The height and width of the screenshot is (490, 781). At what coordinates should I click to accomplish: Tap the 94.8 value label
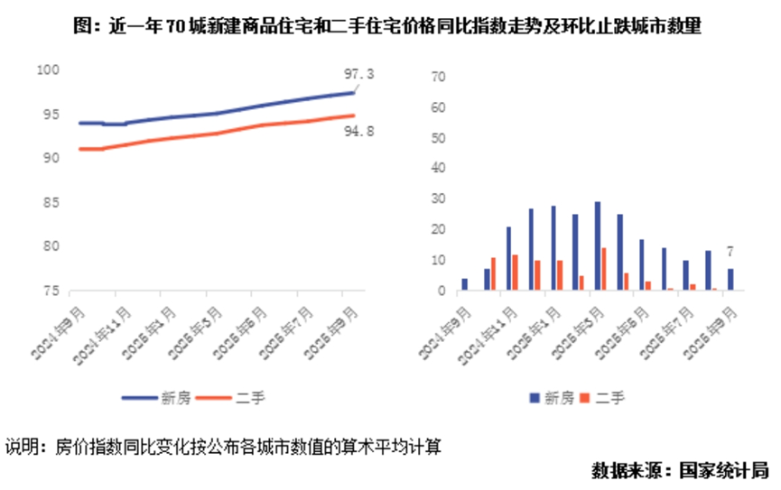359,132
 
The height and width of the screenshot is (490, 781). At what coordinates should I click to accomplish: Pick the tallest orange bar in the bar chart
603,269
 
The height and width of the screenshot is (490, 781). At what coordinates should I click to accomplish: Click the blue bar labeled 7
730,280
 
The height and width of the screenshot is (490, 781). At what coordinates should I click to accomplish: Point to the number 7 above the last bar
730,251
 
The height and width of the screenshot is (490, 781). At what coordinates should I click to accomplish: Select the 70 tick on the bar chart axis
441,78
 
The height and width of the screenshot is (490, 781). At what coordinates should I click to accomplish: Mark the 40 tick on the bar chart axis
441,169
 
